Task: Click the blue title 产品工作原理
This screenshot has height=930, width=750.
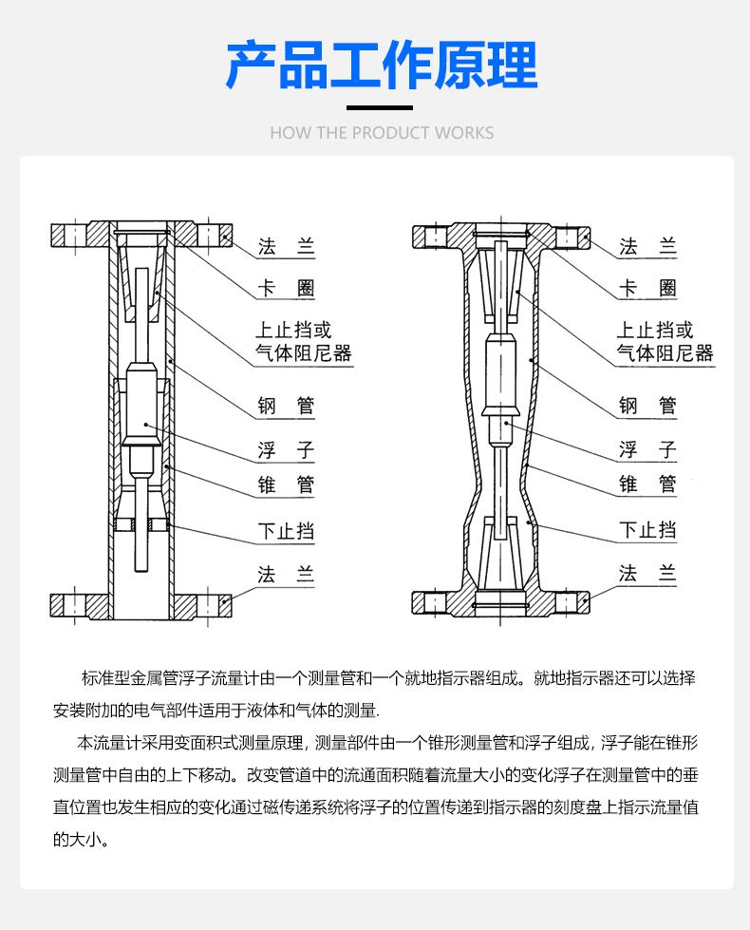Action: (382, 65)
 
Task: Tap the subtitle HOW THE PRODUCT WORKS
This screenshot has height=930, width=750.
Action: (382, 132)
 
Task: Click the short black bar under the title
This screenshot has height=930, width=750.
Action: (380, 107)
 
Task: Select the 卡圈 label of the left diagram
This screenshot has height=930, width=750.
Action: (286, 288)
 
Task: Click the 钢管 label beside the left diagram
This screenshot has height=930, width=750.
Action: (286, 407)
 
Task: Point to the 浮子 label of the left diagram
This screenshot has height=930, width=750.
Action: (286, 449)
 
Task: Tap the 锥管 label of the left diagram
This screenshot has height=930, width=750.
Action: (286, 484)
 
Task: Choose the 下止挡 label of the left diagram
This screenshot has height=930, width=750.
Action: (286, 530)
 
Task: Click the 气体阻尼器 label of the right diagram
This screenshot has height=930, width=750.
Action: (665, 354)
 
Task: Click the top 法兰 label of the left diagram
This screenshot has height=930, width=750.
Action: (286, 247)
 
